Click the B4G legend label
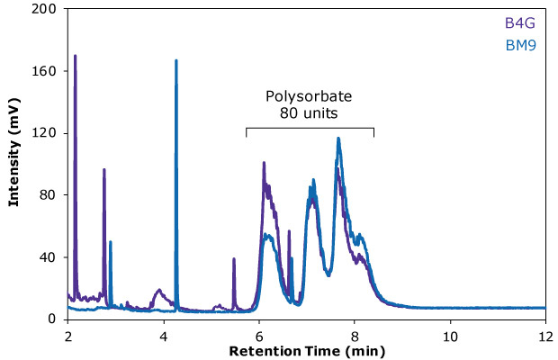[x=520, y=23]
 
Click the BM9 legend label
[x=520, y=46]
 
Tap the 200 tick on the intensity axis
[x=44, y=9]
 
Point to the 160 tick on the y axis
[x=44, y=71]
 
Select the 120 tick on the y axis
[x=44, y=133]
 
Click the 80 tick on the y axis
[x=49, y=195]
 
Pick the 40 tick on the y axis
[x=49, y=257]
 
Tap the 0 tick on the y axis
[x=52, y=319]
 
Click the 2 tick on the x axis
[x=68, y=337]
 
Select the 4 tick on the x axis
[x=163, y=337]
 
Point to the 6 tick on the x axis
[x=259, y=337]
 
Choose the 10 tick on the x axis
[x=450, y=337]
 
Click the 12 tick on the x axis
[x=545, y=337]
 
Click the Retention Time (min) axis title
[x=307, y=352]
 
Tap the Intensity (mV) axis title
[x=13, y=152]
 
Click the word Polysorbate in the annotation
[x=309, y=96]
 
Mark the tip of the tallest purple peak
[x=75, y=56]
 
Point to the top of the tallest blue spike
[x=176, y=60]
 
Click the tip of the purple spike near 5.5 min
[x=234, y=258]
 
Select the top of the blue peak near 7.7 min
[x=338, y=138]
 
